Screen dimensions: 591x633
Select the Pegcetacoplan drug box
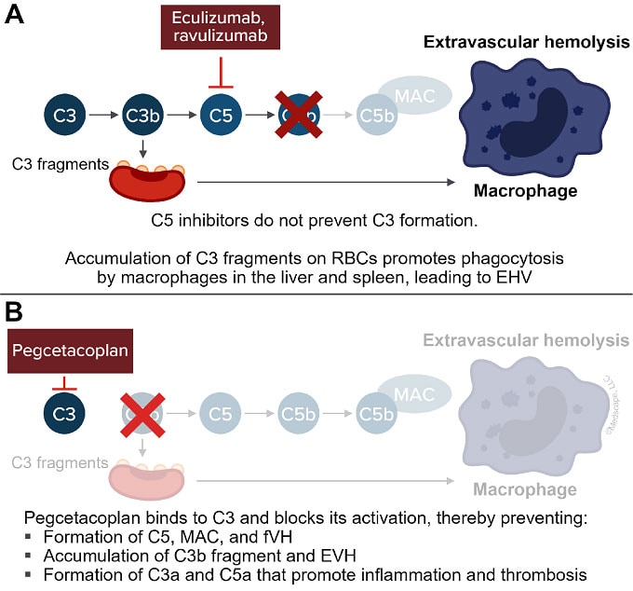[64, 352]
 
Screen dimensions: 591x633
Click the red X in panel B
[142, 411]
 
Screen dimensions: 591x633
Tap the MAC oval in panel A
[413, 96]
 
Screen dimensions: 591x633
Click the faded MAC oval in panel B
[413, 392]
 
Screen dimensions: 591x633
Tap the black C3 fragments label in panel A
[54, 164]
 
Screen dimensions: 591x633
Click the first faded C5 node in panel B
[222, 411]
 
